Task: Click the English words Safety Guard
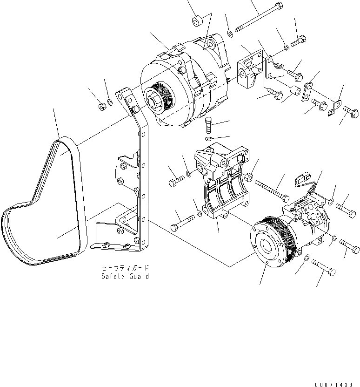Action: (125, 276)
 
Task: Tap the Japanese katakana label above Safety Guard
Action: (125, 268)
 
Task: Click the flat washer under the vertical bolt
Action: (209, 139)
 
